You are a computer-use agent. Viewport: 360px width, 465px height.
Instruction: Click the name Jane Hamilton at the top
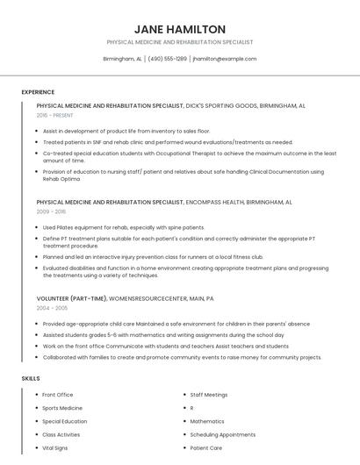click(180, 29)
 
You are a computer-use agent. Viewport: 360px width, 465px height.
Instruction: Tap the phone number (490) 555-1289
click(167, 59)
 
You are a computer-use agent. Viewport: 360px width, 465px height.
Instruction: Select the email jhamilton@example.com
click(225, 59)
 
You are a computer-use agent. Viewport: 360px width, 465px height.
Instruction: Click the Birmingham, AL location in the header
click(122, 59)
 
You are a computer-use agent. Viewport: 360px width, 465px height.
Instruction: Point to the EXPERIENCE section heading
click(38, 92)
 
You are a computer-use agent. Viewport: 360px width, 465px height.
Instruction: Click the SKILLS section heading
click(31, 378)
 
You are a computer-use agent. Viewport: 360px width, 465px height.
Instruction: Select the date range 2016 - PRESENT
click(55, 115)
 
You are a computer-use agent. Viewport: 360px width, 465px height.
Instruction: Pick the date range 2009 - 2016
click(51, 211)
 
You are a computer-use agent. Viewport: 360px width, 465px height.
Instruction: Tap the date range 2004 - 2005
click(51, 309)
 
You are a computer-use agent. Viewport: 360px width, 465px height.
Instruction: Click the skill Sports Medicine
click(62, 408)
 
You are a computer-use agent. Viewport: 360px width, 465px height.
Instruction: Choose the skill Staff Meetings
click(209, 395)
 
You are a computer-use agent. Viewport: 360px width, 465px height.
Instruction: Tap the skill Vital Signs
click(55, 447)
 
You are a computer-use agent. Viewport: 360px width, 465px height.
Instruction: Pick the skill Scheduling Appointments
click(222, 434)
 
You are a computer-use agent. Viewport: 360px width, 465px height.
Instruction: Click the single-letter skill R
click(192, 408)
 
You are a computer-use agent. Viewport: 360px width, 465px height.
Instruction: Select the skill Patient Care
click(206, 447)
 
